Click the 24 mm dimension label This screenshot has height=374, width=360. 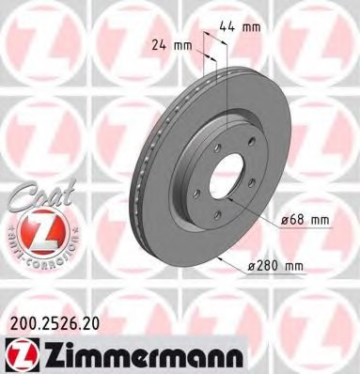point(172,44)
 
